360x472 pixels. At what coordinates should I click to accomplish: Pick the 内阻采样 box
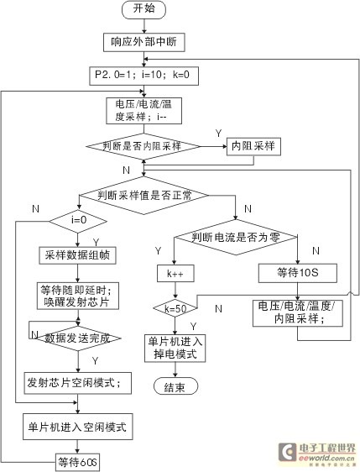(x=253, y=145)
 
